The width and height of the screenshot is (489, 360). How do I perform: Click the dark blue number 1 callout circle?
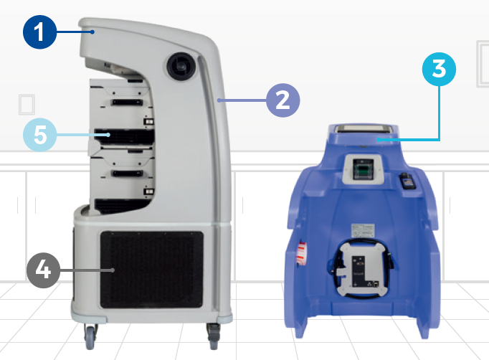point(40,32)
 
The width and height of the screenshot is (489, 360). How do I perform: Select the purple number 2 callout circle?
point(283,100)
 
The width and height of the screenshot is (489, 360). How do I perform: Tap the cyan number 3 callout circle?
point(439,70)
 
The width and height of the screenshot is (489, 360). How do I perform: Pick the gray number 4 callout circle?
point(43,270)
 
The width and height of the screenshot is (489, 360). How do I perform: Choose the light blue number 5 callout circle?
point(40,135)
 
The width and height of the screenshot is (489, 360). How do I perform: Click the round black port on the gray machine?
point(181,67)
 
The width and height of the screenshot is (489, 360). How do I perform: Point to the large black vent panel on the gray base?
point(151,270)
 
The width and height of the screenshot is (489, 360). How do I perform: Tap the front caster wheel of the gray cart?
point(90,338)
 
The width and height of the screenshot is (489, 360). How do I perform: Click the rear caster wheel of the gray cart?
point(214,337)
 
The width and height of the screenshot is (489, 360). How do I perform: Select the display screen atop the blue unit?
point(363,128)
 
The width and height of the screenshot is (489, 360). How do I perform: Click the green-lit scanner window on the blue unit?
point(363,170)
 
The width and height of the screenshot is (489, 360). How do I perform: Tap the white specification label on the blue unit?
point(363,230)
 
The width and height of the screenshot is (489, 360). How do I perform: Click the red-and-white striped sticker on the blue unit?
point(302,252)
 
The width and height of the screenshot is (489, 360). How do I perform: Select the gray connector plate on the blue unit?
point(363,269)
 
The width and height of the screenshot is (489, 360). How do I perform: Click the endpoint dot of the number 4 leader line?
point(113,270)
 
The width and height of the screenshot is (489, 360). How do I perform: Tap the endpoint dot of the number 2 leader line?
point(219,100)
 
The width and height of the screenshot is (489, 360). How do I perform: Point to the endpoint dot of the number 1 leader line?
point(92,32)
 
